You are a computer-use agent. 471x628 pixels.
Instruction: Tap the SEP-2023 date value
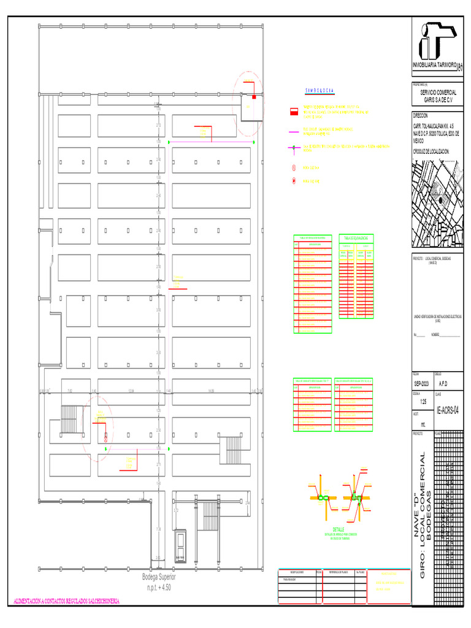pyautogui.click(x=423, y=382)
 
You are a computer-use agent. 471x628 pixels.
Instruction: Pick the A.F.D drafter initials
pyautogui.click(x=444, y=382)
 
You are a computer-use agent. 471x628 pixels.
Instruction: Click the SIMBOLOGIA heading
pyautogui.click(x=320, y=91)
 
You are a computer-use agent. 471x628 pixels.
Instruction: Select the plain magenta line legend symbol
pyautogui.click(x=294, y=131)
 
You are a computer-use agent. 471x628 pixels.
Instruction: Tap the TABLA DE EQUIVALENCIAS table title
pyautogui.click(x=356, y=237)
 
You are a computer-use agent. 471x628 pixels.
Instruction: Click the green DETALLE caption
pyautogui.click(x=339, y=529)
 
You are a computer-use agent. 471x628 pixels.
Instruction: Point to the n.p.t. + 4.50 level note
pyautogui.click(x=159, y=587)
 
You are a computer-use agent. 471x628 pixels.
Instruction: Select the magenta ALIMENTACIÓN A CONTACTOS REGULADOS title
pyautogui.click(x=66, y=600)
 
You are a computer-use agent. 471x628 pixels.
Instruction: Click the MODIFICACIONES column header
pyautogui.click(x=296, y=571)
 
